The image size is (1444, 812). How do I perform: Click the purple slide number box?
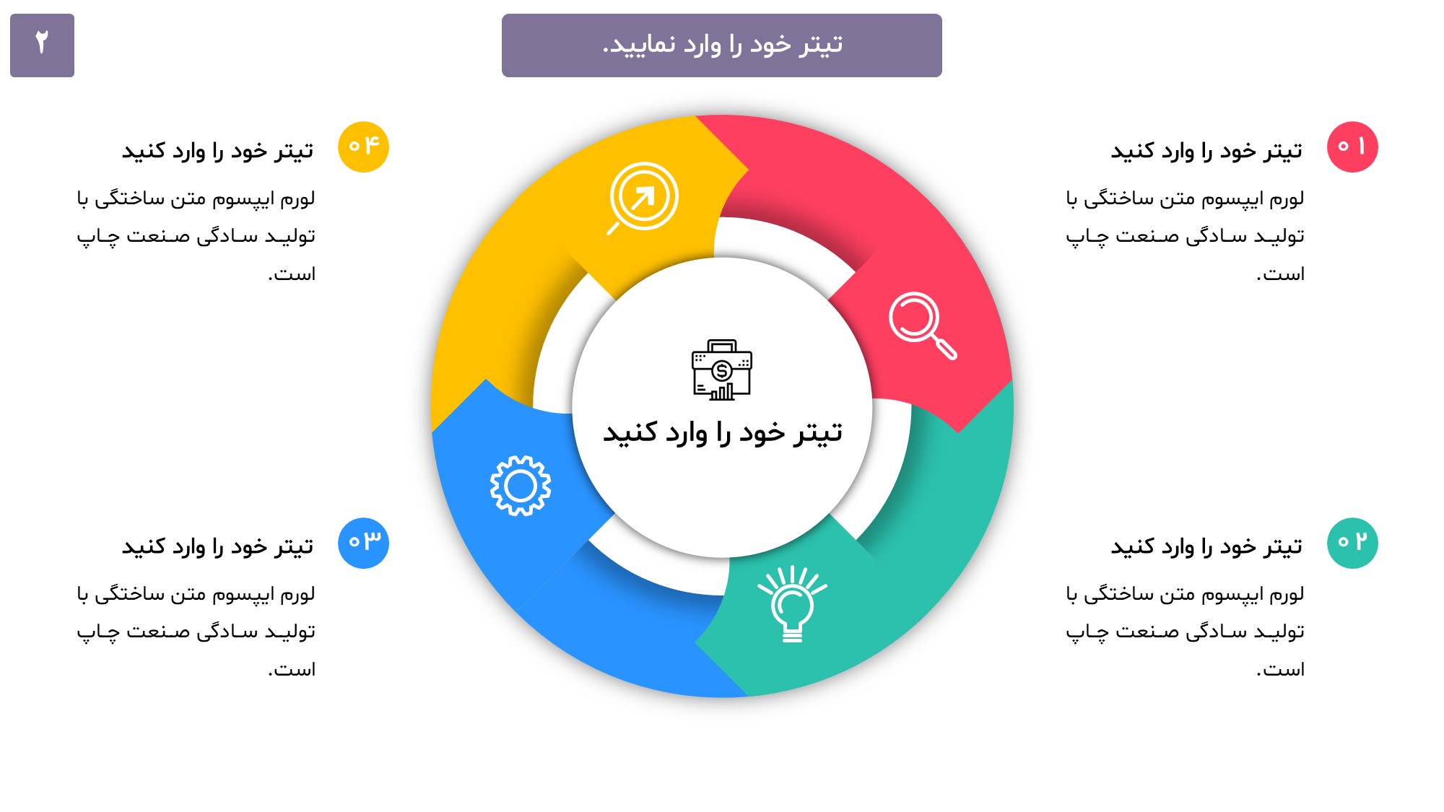pos(42,45)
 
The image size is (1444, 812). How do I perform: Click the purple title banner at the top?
pos(721,45)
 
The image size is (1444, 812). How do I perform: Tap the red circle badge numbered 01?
pos(1352,147)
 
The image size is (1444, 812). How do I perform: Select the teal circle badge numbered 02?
pos(1352,543)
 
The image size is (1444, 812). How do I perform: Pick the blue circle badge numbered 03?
pos(363,543)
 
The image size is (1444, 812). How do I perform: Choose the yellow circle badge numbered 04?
pos(363,147)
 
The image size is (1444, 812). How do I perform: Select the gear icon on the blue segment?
pos(521,486)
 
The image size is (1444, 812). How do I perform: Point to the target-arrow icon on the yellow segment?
pos(642,198)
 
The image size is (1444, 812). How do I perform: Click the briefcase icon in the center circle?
pos(722,370)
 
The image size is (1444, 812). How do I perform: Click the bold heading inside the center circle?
pos(723,432)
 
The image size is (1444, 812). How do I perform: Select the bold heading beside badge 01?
pos(1206,151)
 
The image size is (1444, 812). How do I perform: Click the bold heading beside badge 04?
pos(217,151)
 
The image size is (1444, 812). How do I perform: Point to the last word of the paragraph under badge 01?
pos(1280,274)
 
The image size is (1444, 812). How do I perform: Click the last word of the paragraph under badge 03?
pos(292,670)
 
